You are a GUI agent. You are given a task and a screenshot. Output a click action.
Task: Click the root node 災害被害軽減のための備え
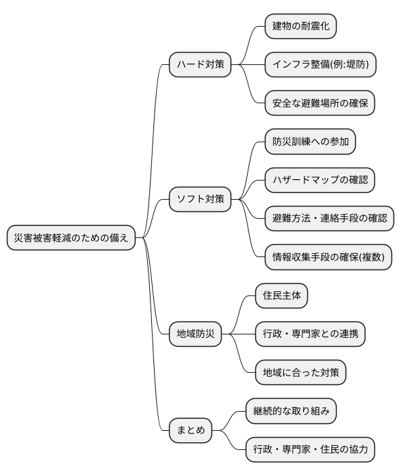[x=71, y=238]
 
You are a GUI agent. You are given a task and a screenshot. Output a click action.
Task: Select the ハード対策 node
[x=200, y=66]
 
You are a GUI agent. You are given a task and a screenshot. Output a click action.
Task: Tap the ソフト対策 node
[x=200, y=200]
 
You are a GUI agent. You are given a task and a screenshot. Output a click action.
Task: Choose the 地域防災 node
[x=196, y=334]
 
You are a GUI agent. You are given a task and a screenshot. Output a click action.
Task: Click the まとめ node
[x=190, y=431]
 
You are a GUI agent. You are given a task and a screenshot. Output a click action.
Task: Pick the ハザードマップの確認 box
[x=320, y=181]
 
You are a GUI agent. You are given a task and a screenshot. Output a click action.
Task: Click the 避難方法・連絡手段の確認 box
[x=329, y=219]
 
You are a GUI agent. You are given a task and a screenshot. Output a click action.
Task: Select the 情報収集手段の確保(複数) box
[x=329, y=257]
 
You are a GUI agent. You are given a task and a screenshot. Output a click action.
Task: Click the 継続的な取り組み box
[x=291, y=412]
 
